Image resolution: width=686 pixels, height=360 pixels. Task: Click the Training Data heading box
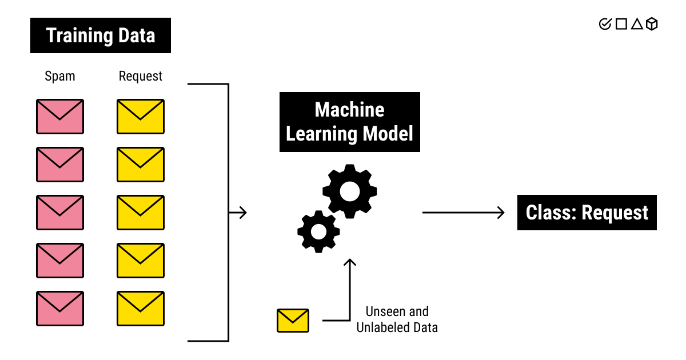click(101, 36)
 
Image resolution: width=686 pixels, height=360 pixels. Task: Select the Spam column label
click(60, 76)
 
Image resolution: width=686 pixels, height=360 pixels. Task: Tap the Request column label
click(141, 76)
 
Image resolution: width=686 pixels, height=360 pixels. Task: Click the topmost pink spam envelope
click(60, 117)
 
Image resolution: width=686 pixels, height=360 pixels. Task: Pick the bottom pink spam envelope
click(60, 309)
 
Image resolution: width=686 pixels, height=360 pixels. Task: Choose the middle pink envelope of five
click(60, 213)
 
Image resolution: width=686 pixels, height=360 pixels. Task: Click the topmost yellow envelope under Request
click(141, 117)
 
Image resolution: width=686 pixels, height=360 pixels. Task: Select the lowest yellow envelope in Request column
click(141, 309)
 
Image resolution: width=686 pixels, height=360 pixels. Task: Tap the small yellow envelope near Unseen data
click(293, 321)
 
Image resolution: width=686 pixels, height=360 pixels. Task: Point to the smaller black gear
click(318, 231)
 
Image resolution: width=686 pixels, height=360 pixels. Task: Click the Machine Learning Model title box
click(349, 122)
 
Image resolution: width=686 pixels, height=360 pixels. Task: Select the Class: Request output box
click(587, 213)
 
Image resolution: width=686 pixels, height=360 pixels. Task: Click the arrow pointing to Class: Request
click(463, 213)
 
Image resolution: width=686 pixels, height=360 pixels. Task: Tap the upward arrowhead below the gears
click(349, 263)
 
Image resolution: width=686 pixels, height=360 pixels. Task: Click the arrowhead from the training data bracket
click(242, 213)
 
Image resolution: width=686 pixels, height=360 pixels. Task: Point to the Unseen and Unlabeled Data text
click(397, 319)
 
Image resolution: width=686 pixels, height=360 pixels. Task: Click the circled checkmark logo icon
click(605, 24)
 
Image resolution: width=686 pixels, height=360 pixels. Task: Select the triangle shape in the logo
click(637, 24)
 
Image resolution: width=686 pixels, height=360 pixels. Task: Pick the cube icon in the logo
click(652, 24)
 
